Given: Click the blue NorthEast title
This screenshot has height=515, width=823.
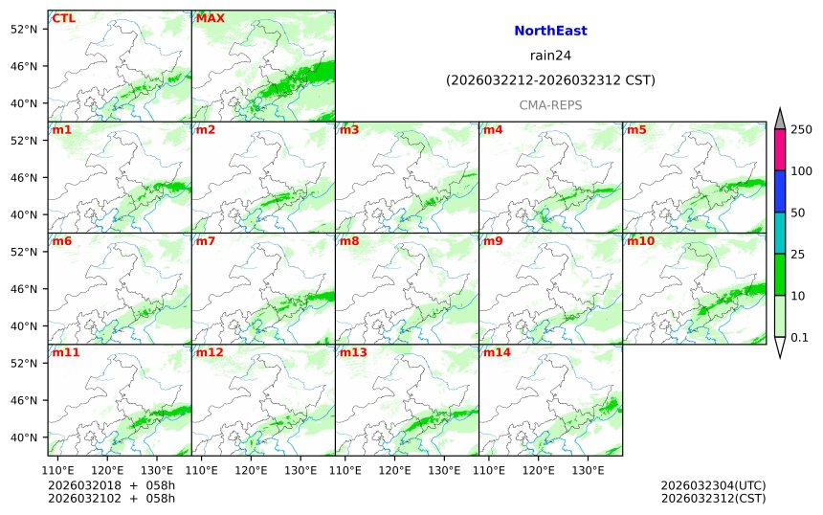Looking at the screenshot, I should (x=550, y=31).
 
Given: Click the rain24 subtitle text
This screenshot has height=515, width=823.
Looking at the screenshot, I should (x=550, y=56).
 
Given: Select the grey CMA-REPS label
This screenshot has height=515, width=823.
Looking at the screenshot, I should (x=550, y=105).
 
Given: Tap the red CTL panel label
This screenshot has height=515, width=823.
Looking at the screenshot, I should (x=63, y=18).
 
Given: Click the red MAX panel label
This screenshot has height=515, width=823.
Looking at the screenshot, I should (x=209, y=18).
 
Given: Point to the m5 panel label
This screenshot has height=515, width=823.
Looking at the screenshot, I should (x=636, y=130).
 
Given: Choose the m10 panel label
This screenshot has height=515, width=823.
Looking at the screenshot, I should (x=640, y=241).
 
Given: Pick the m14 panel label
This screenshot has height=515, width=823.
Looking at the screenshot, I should (x=497, y=352).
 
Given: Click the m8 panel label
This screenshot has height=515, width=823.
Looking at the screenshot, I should (x=349, y=241).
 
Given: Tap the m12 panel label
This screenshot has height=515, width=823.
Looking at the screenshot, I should (x=210, y=352).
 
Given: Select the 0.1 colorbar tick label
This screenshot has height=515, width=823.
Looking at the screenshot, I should (x=799, y=337).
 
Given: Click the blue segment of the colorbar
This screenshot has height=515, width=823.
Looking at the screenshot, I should (x=780, y=191).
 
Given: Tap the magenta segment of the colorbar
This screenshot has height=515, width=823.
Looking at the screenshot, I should (x=780, y=150).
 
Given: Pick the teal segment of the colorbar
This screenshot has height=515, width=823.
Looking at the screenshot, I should (x=780, y=233).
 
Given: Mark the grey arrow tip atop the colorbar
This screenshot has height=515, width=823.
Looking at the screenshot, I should (x=780, y=118).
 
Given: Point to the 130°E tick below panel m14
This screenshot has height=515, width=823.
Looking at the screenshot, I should (x=588, y=470).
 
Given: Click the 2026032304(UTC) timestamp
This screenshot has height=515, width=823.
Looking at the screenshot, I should (x=712, y=485).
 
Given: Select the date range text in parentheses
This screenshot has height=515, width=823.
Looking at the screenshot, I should (x=550, y=80).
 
